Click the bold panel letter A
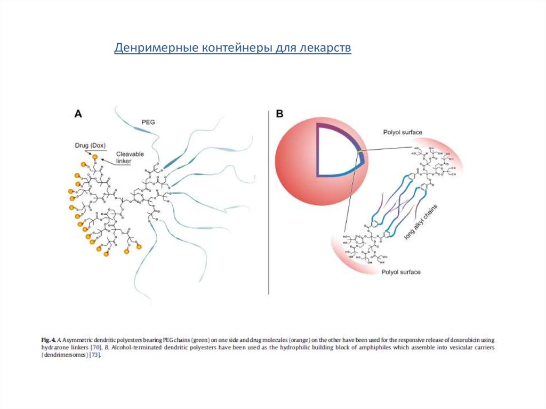tap(78, 114)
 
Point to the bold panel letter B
tap(280, 114)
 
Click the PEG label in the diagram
tap(148, 122)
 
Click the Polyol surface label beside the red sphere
tap(402, 132)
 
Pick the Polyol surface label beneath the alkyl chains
tap(401, 272)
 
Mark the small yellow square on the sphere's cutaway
tap(360, 153)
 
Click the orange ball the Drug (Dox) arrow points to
tap(95, 157)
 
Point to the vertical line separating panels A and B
tap(268, 203)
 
